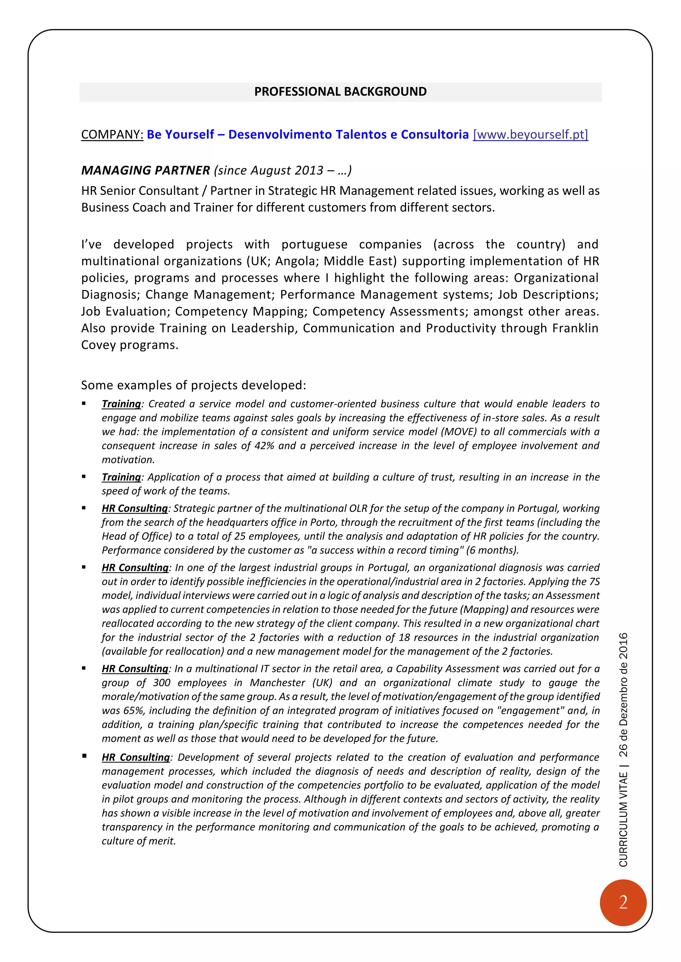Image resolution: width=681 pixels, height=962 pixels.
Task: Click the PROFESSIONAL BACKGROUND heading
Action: (x=340, y=92)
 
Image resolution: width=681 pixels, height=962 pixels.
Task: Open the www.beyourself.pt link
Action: (x=530, y=135)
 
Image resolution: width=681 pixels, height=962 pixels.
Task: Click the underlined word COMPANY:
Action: (x=112, y=135)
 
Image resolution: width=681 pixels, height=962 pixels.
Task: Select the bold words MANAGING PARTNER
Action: (x=146, y=170)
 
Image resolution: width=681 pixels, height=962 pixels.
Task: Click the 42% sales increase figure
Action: (x=264, y=446)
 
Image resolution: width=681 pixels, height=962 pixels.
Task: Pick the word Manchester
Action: (x=278, y=683)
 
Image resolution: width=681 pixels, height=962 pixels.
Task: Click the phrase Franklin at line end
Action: (x=575, y=328)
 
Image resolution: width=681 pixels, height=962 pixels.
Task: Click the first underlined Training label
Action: (x=121, y=404)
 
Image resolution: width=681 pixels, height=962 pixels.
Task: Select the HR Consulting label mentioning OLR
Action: (x=135, y=509)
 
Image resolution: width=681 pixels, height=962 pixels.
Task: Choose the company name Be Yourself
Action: (x=180, y=135)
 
